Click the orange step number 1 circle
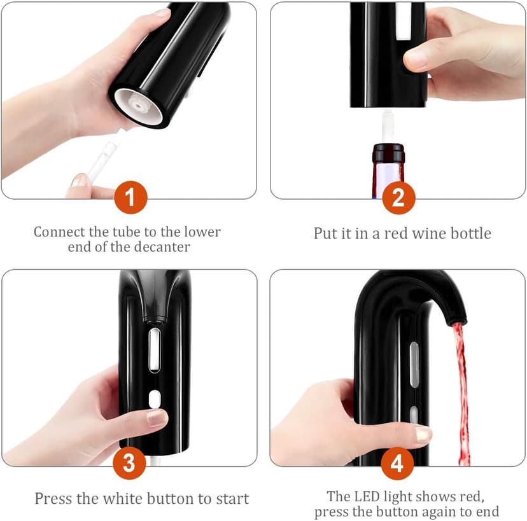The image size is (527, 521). [x=130, y=198]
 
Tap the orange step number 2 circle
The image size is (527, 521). [x=399, y=198]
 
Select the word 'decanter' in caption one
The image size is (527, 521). [x=162, y=247]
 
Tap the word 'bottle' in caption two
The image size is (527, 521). [x=470, y=233]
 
